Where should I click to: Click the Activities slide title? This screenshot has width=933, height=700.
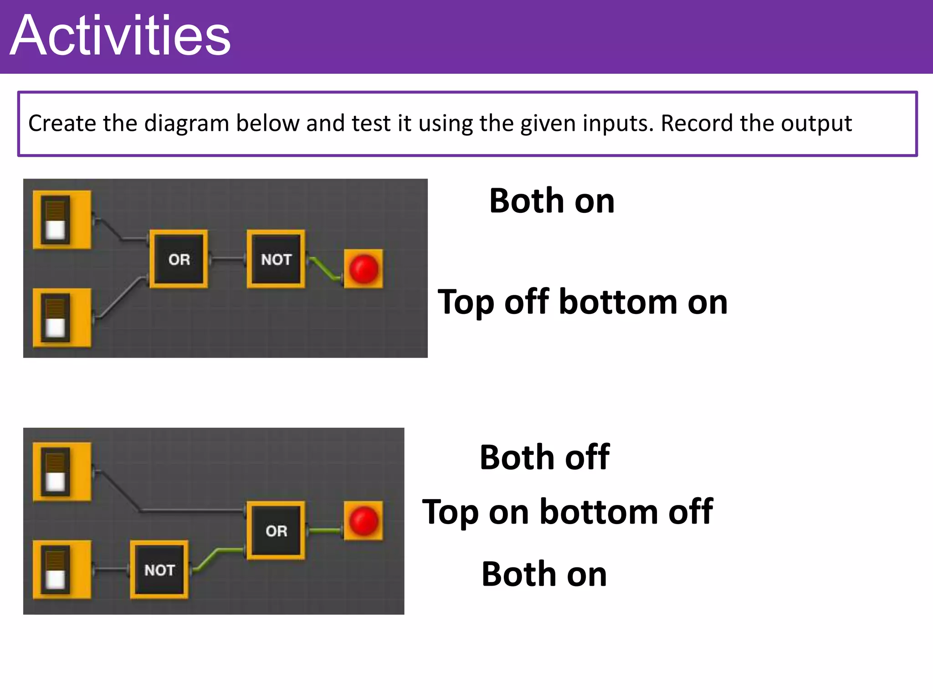click(120, 36)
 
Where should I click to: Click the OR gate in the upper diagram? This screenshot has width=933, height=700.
click(179, 259)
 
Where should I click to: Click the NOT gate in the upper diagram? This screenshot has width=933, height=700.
click(276, 259)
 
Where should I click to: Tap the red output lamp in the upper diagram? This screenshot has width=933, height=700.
click(364, 269)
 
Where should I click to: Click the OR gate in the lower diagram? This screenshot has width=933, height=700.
click(276, 530)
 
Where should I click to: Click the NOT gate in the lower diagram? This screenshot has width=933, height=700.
click(159, 570)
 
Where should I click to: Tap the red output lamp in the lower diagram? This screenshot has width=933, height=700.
click(364, 521)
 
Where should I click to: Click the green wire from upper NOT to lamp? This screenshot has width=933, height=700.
click(324, 268)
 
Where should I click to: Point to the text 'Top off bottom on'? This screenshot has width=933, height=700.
click(582, 302)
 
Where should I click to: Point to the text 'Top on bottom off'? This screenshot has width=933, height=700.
click(567, 512)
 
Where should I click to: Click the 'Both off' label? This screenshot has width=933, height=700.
click(544, 457)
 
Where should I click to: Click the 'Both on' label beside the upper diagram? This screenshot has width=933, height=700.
click(552, 201)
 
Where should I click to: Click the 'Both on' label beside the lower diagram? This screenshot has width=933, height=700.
click(544, 574)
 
